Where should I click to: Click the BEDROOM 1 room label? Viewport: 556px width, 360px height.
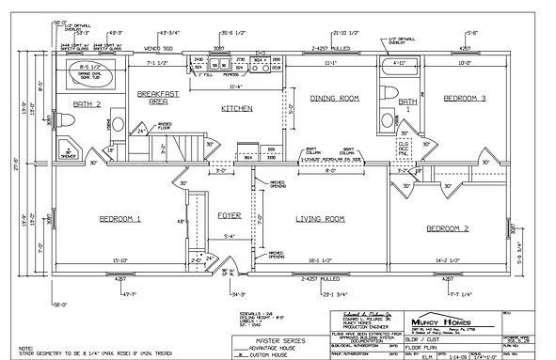tap(119, 219)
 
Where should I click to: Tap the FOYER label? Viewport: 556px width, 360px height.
tap(230, 215)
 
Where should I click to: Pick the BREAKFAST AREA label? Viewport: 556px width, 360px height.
tap(152, 100)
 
